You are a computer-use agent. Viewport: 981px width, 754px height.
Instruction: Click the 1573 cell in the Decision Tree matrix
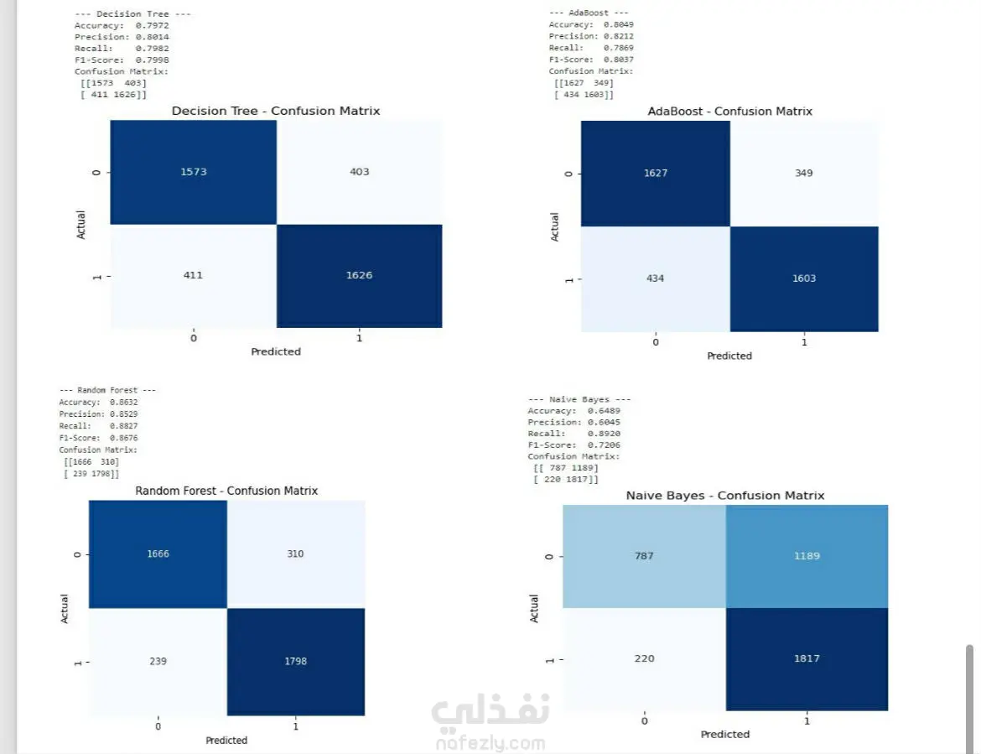pyautogui.click(x=193, y=172)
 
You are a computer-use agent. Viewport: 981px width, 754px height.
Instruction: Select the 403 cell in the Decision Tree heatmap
pyautogui.click(x=359, y=172)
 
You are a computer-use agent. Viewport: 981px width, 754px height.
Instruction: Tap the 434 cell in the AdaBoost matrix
pyautogui.click(x=655, y=278)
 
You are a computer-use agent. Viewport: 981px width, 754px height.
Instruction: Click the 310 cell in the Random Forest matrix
pyautogui.click(x=294, y=554)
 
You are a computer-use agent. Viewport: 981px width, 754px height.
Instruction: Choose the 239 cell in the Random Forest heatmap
pyautogui.click(x=158, y=661)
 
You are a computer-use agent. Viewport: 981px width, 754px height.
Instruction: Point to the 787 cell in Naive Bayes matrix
pyautogui.click(x=643, y=555)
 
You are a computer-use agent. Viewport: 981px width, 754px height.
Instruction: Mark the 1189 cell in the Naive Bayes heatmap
pyautogui.click(x=806, y=555)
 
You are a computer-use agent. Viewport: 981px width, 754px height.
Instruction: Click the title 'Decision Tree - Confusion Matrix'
pyautogui.click(x=276, y=111)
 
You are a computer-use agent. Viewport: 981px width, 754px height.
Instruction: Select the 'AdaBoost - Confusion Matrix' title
pyautogui.click(x=729, y=111)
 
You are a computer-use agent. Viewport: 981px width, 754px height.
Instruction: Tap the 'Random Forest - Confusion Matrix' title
pyautogui.click(x=226, y=491)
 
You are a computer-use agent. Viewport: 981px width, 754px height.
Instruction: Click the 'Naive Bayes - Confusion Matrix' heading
pyautogui.click(x=725, y=496)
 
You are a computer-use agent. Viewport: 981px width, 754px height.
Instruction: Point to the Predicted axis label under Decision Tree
pyautogui.click(x=276, y=351)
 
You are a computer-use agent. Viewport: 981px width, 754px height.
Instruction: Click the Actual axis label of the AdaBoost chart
pyautogui.click(x=555, y=226)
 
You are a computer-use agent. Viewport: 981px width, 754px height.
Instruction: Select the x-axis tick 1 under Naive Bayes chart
pyautogui.click(x=807, y=720)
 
